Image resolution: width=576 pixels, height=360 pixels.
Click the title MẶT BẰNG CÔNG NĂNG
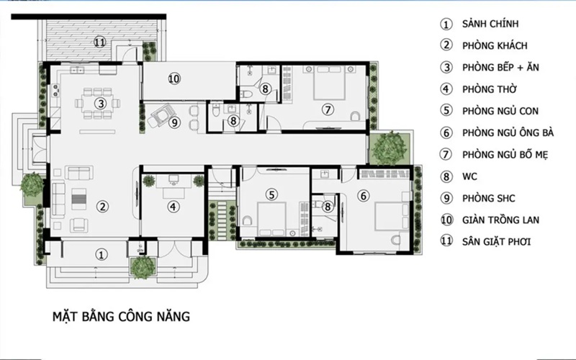(x=121, y=316)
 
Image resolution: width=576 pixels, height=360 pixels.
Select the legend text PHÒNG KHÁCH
(x=495, y=45)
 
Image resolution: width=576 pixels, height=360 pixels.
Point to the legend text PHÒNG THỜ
(x=490, y=89)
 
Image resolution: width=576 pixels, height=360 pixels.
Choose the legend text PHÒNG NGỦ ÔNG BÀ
(x=508, y=132)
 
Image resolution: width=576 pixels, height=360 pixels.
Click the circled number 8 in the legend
(x=446, y=176)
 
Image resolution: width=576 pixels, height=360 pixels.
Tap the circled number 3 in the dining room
(x=100, y=104)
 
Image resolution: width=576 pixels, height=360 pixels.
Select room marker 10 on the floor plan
(x=174, y=78)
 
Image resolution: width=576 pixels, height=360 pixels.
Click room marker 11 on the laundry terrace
(x=99, y=42)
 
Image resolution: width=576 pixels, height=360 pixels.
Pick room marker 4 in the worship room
(x=173, y=207)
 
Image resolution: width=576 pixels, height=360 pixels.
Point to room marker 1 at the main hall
(x=102, y=255)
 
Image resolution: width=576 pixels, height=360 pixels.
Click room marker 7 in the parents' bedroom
(x=328, y=109)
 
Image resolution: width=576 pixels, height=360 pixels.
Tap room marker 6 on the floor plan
(x=364, y=196)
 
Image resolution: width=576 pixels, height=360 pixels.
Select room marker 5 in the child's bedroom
(x=271, y=194)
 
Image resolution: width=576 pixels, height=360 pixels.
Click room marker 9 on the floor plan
(x=174, y=122)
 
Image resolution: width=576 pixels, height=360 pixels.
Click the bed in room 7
(x=330, y=83)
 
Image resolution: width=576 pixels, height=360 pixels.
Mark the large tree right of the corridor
(x=389, y=148)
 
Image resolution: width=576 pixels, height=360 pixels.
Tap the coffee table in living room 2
(x=79, y=199)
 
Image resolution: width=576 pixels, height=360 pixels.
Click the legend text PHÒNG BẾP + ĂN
(x=500, y=67)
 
